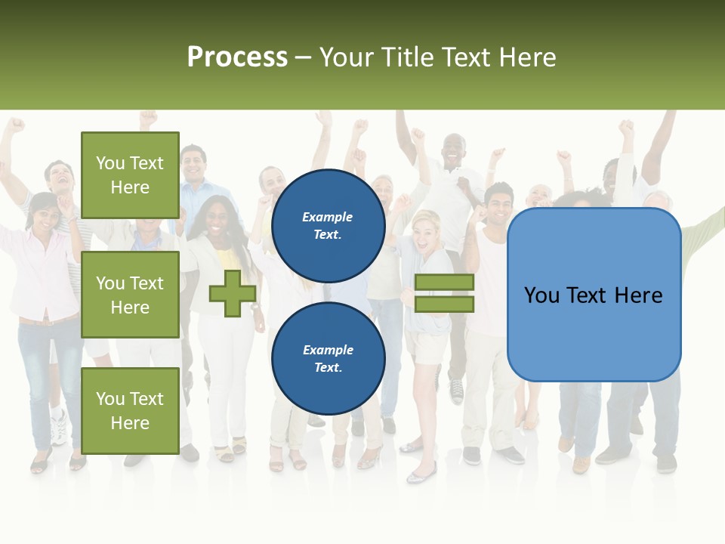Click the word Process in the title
point(237,57)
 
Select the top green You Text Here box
point(130,175)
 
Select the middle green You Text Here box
point(130,295)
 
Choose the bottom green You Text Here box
point(130,410)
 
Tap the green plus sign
point(232,293)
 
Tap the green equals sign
point(445,293)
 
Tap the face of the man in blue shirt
point(193,161)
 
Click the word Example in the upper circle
point(328,217)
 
